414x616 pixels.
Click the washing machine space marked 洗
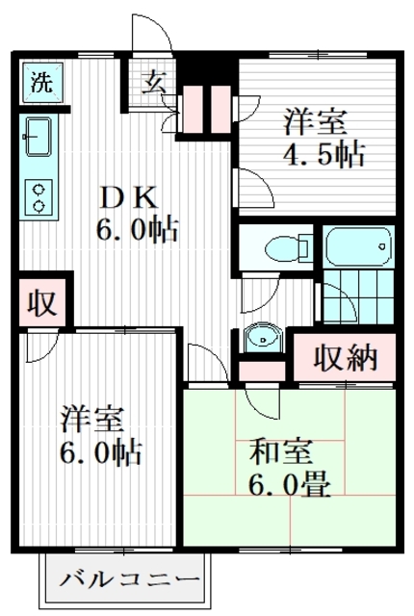(42, 83)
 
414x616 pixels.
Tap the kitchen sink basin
(39, 137)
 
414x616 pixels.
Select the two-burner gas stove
(39, 197)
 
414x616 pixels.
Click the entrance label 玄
(154, 82)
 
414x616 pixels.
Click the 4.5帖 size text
(324, 154)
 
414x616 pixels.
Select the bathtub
(358, 246)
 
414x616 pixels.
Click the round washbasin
(262, 338)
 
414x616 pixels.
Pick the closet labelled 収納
(345, 357)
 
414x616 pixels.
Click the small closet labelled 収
(42, 303)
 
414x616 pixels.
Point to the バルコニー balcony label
(130, 579)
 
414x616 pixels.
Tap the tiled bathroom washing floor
(358, 296)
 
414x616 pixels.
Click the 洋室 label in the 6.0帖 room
(92, 420)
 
